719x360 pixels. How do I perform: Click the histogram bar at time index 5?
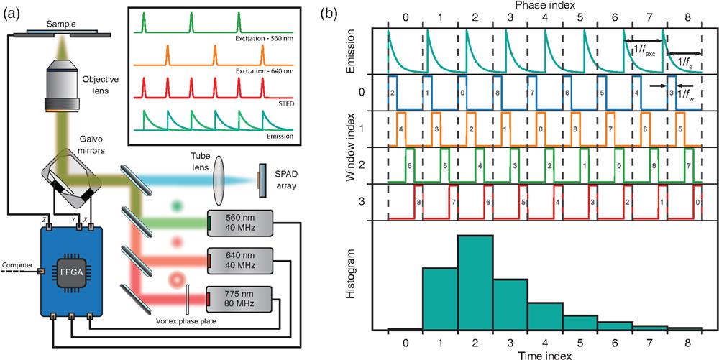(x=580, y=323)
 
